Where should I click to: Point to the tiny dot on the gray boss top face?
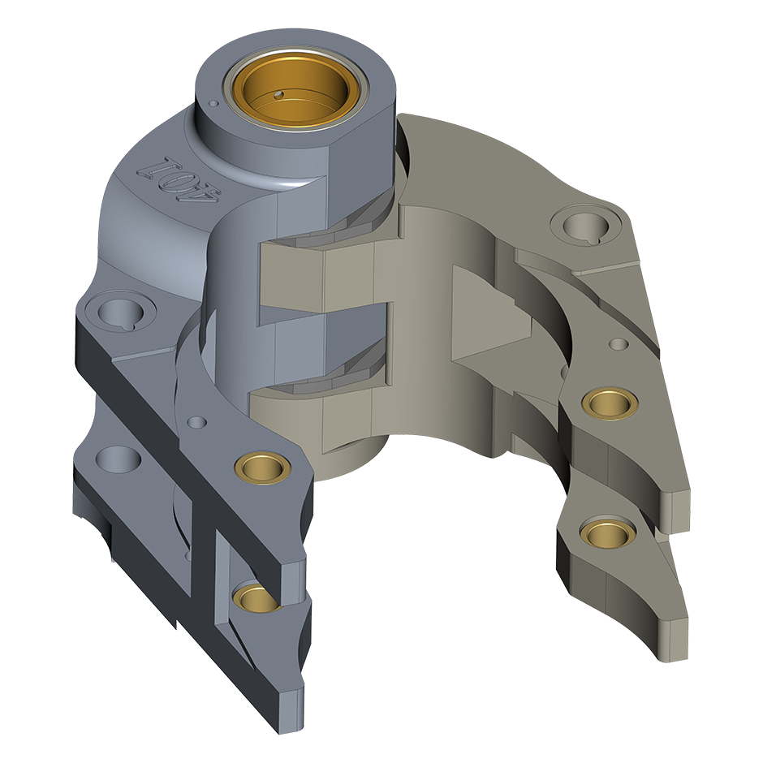(x=213, y=103)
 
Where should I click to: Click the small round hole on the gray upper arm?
(x=197, y=421)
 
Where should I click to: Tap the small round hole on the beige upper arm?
(x=619, y=344)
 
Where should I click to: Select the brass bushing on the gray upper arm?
(x=263, y=468)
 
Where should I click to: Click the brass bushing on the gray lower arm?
(x=257, y=597)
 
